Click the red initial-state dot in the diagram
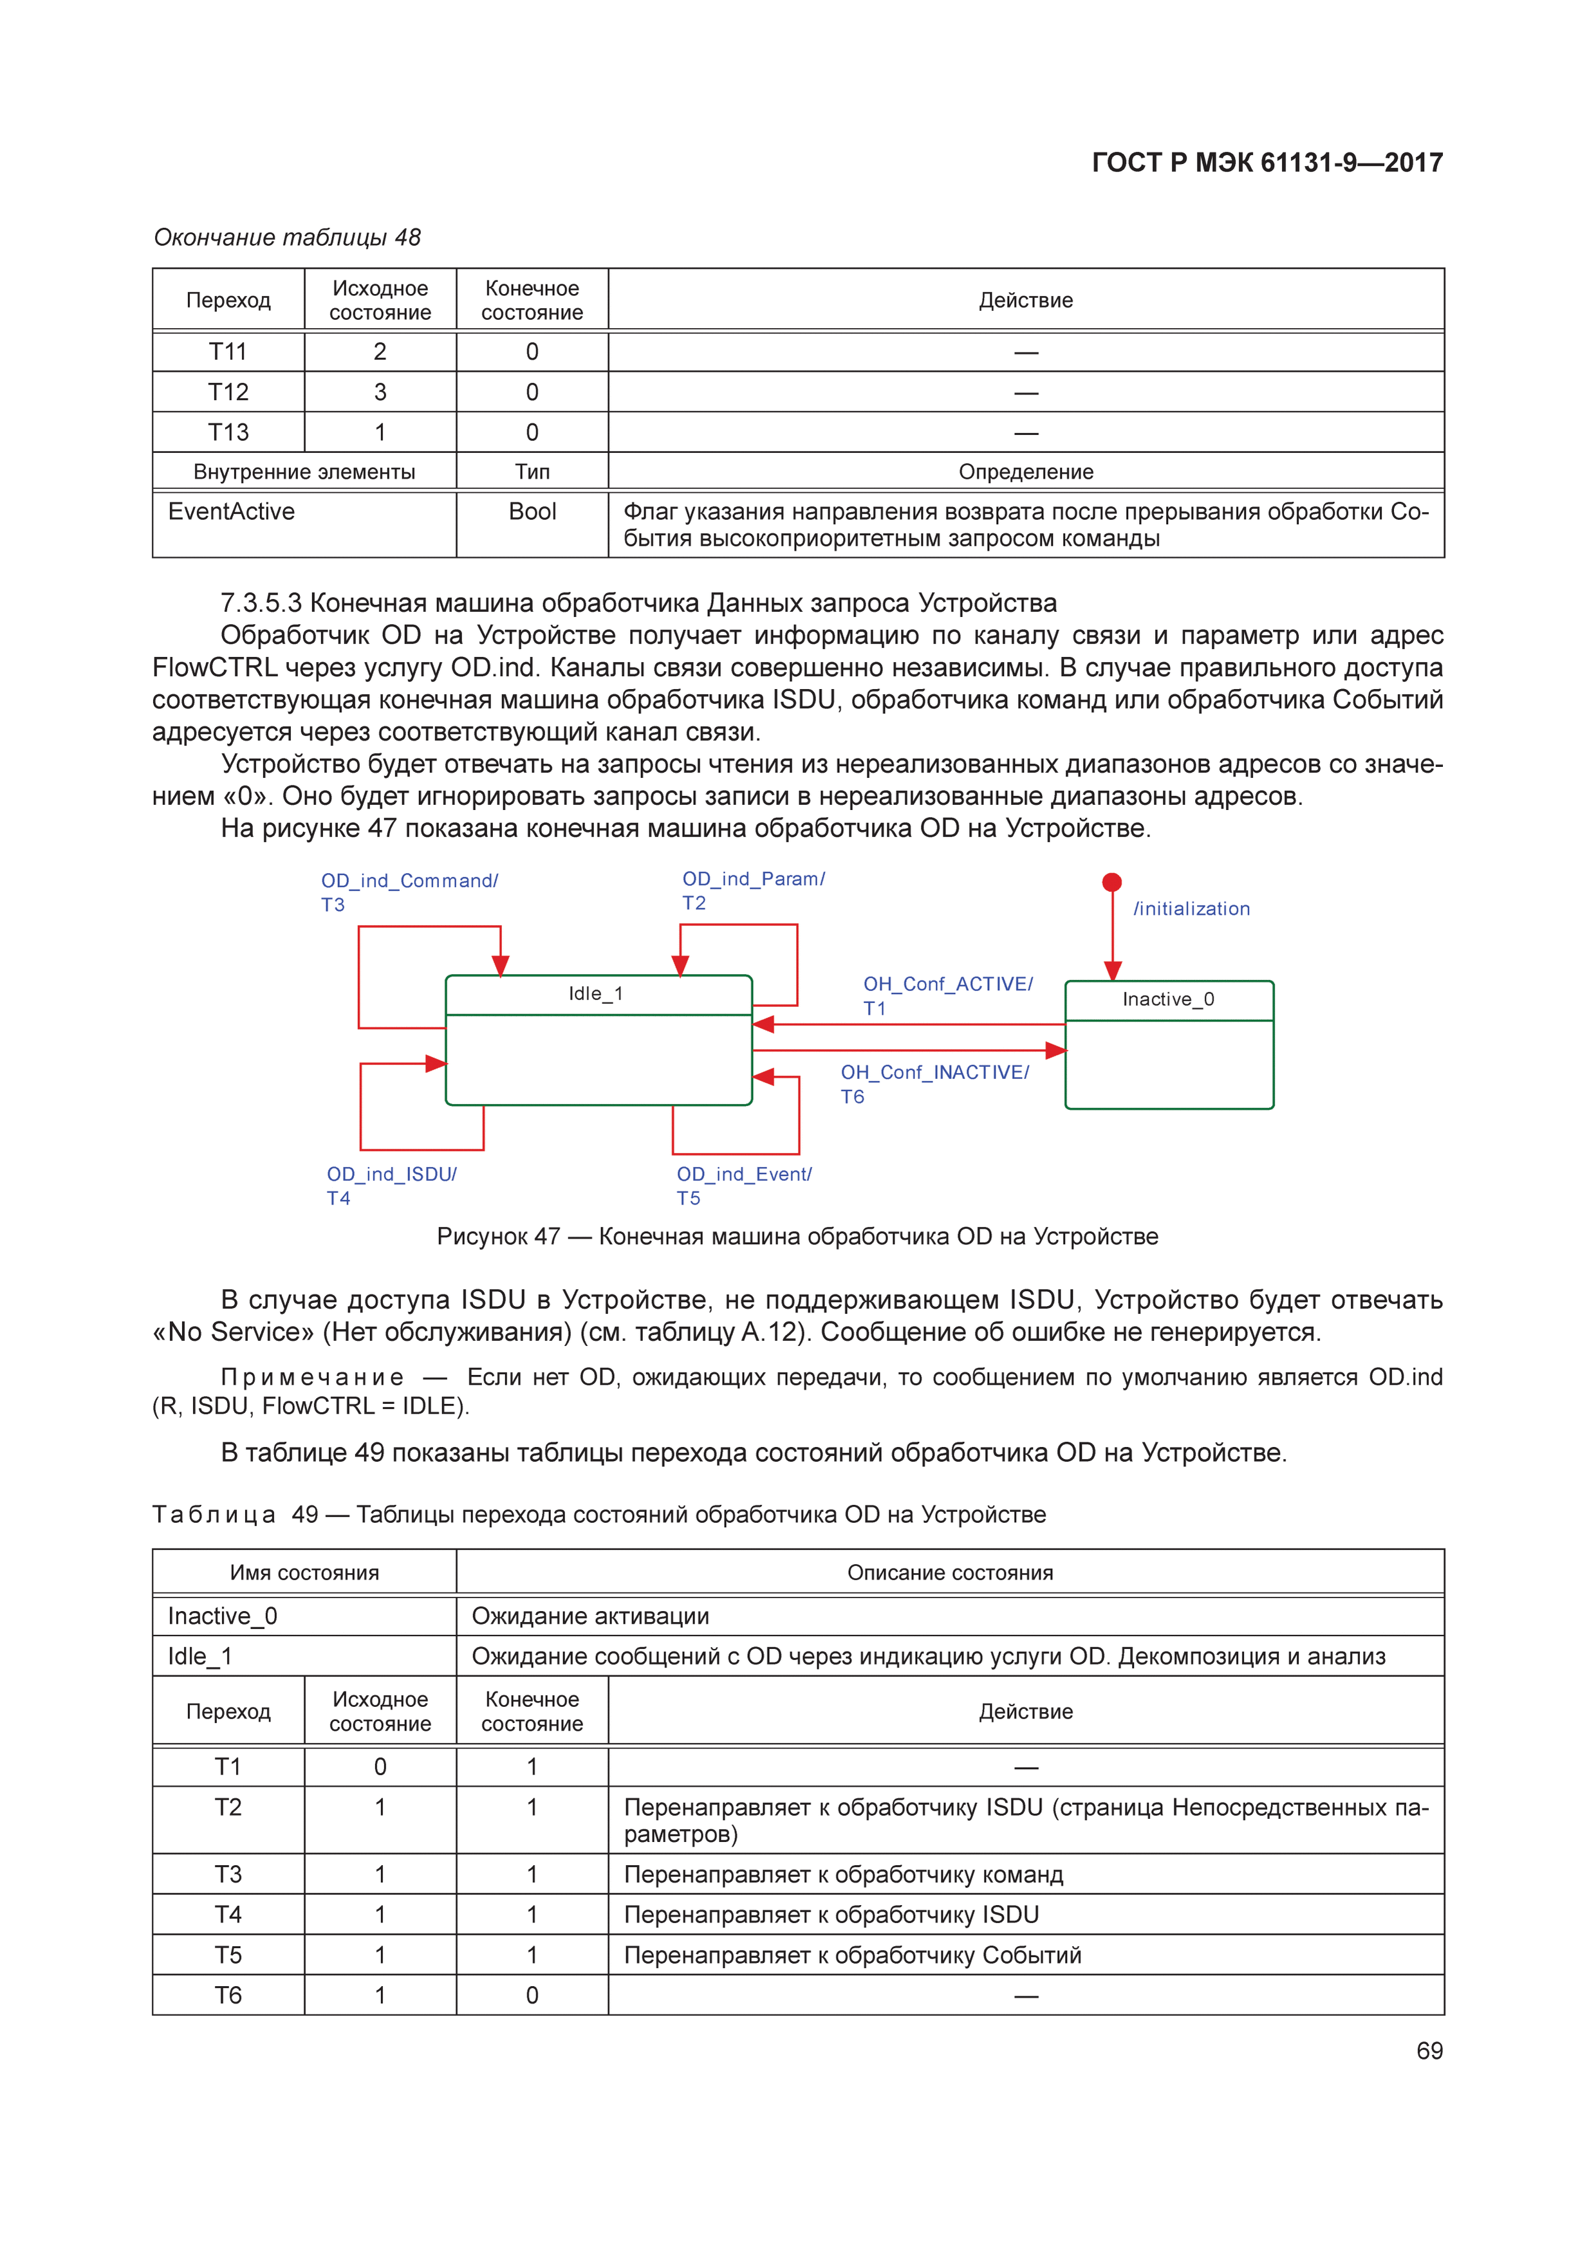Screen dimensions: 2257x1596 click(x=1111, y=882)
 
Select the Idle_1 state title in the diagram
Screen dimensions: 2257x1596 click(x=596, y=994)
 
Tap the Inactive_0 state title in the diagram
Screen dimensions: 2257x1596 click(x=1168, y=1000)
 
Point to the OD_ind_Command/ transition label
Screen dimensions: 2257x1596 click(x=409, y=881)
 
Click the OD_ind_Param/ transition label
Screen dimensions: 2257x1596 click(x=753, y=879)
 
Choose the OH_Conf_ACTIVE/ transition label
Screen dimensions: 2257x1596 click(x=947, y=984)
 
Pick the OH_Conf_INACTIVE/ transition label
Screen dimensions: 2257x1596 click(x=934, y=1073)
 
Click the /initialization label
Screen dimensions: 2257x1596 click(x=1191, y=909)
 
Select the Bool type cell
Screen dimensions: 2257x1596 click(x=532, y=512)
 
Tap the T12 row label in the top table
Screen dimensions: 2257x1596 click(x=228, y=392)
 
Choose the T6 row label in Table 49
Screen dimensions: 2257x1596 click(x=228, y=1996)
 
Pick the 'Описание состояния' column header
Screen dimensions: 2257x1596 click(x=949, y=1573)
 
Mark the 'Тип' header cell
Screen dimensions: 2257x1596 click(x=532, y=472)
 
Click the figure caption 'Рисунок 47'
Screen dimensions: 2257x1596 click(x=797, y=1237)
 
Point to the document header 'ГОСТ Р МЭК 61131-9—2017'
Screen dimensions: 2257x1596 click(x=1267, y=163)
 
